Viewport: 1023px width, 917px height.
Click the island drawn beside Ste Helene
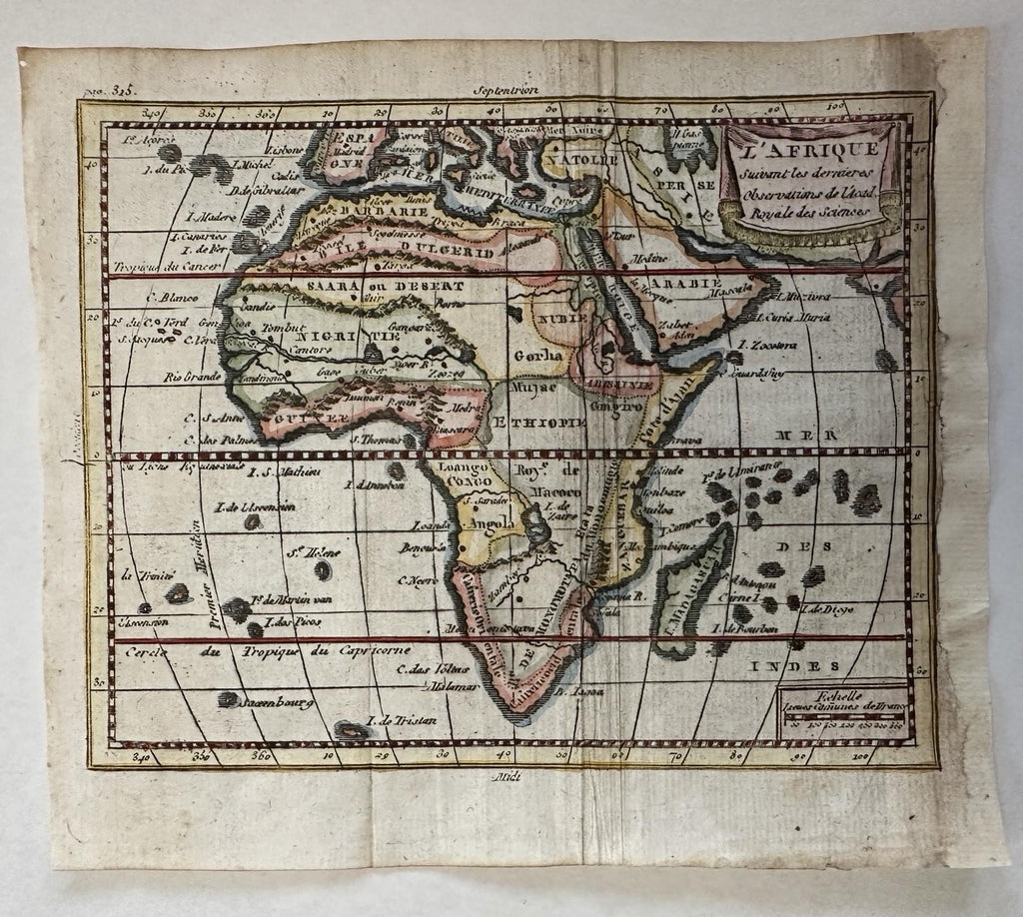[325, 569]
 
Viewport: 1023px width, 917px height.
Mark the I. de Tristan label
[402, 721]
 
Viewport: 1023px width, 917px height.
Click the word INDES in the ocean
[805, 665]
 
